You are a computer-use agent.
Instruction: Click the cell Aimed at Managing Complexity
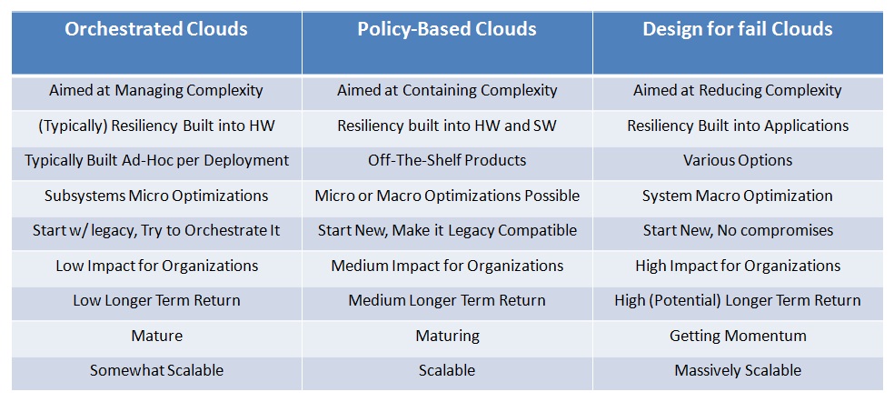tap(156, 90)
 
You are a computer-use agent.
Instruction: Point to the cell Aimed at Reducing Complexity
tap(738, 90)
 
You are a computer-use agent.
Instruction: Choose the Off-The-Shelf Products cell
tap(447, 160)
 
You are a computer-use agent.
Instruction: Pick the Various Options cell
tap(738, 160)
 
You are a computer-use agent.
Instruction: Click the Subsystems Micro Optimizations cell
tap(156, 196)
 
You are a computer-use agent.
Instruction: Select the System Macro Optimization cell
tap(738, 196)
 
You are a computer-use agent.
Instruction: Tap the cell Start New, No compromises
tap(738, 231)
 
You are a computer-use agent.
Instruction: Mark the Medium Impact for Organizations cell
tap(447, 266)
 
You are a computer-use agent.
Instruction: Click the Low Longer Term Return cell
tap(156, 300)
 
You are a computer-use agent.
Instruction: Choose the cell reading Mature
tap(157, 336)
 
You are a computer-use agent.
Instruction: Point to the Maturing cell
tap(447, 336)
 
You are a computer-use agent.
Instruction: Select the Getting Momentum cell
tap(738, 336)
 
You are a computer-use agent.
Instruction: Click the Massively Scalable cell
tap(738, 370)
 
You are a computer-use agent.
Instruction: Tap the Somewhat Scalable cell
tap(156, 370)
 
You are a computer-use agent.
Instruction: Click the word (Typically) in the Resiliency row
tap(71, 126)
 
